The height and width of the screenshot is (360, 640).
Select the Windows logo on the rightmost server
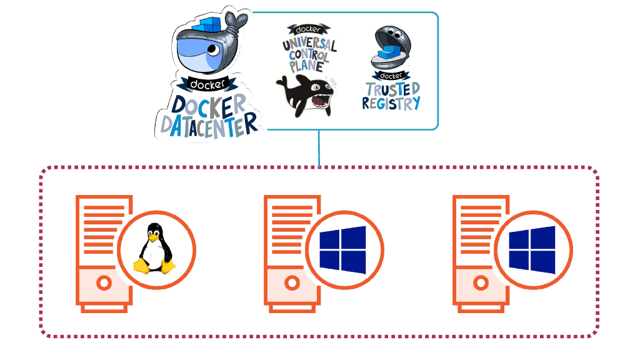tap(531, 250)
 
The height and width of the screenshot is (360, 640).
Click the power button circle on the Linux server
tap(104, 283)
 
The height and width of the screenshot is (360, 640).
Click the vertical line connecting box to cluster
tap(319, 148)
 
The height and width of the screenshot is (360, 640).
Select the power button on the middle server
tap(292, 283)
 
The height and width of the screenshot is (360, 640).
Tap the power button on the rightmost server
tap(481, 283)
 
